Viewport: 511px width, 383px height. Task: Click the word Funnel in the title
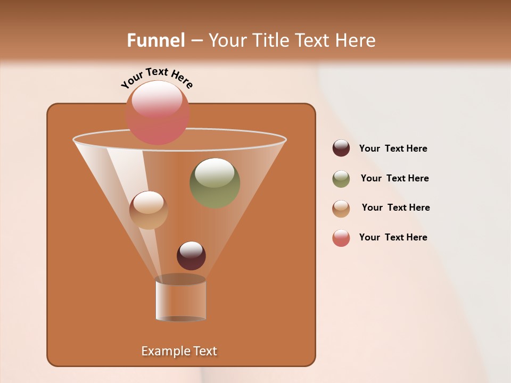coord(156,40)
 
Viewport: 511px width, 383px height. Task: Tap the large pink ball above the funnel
coord(158,112)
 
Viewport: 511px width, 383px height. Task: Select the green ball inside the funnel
coord(215,183)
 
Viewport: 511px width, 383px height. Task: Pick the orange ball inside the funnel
coord(149,210)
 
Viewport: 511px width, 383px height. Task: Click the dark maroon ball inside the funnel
coord(191,256)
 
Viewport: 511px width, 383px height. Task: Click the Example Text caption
coord(179,351)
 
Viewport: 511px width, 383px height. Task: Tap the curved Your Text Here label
coord(156,78)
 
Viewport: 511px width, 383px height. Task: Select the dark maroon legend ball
coord(341,148)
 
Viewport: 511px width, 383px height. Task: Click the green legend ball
coord(341,179)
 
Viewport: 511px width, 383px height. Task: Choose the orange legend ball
coord(341,209)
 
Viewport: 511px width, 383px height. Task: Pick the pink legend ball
coord(341,238)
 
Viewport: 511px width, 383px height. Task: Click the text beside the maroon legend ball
coord(393,149)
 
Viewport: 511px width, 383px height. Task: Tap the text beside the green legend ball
coord(394,179)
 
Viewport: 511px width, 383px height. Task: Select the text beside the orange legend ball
coord(395,208)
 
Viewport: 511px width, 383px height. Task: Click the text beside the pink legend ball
coord(393,237)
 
